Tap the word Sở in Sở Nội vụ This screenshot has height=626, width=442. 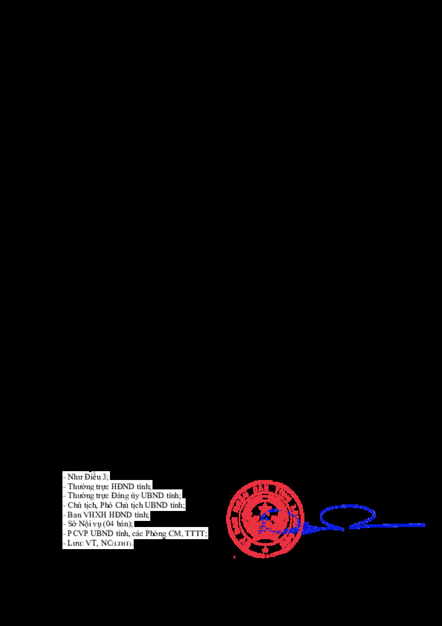pyautogui.click(x=72, y=524)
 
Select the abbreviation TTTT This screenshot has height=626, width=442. pyautogui.click(x=196, y=533)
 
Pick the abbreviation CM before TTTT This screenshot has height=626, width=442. pyautogui.click(x=178, y=533)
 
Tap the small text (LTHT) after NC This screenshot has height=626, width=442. pyautogui.click(x=123, y=544)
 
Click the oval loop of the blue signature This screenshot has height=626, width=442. pyautogui.click(x=348, y=517)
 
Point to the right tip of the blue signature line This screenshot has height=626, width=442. pyautogui.click(x=424, y=524)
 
